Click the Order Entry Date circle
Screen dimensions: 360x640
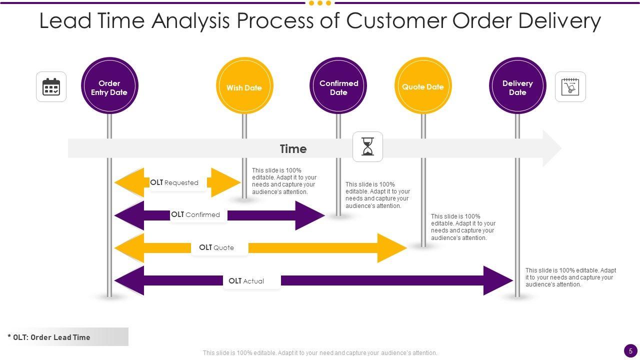click(x=109, y=86)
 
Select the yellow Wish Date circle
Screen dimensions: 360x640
click(x=244, y=86)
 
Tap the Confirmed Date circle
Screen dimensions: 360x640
click(x=338, y=86)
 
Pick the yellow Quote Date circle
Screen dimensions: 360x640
click(x=423, y=86)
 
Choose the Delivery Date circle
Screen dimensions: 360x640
click(x=517, y=86)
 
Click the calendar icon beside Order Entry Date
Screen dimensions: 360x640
click(x=51, y=87)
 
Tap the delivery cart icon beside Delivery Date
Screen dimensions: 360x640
click(x=570, y=87)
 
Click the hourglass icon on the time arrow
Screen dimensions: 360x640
click(x=368, y=147)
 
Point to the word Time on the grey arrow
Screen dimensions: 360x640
click(x=293, y=149)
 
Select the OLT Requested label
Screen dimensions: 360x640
click(x=174, y=183)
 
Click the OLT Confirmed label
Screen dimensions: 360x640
click(x=195, y=215)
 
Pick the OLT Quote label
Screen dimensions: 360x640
click(x=216, y=247)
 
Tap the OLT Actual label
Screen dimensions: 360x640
click(x=246, y=281)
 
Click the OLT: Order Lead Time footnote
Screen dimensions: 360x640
click(x=49, y=337)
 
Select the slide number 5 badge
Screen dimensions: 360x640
click(x=630, y=350)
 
